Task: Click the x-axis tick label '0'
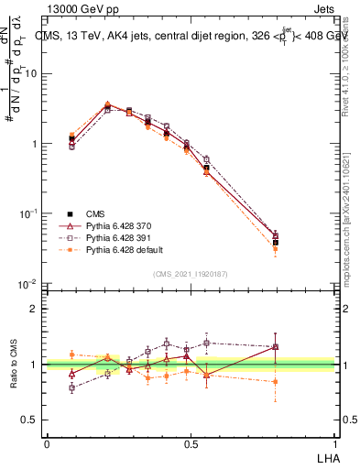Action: (x=47, y=442)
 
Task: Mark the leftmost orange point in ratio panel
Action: (x=72, y=354)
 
